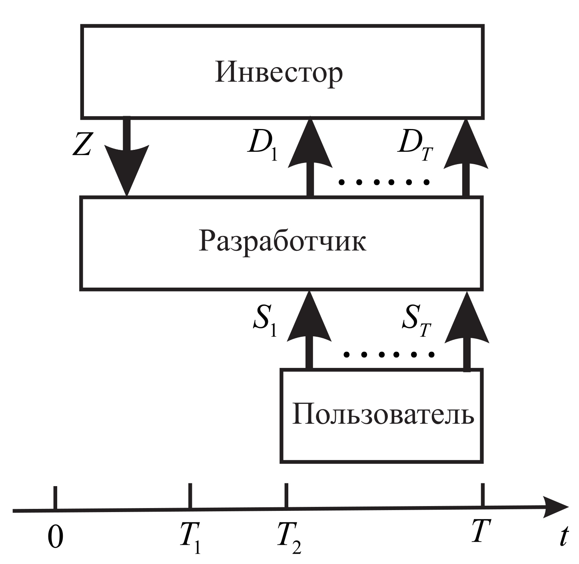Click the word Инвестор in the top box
click(279, 73)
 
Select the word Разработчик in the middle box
click(282, 242)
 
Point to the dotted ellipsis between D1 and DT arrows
click(383, 182)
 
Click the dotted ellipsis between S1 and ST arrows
click(389, 354)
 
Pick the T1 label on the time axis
click(190, 537)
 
